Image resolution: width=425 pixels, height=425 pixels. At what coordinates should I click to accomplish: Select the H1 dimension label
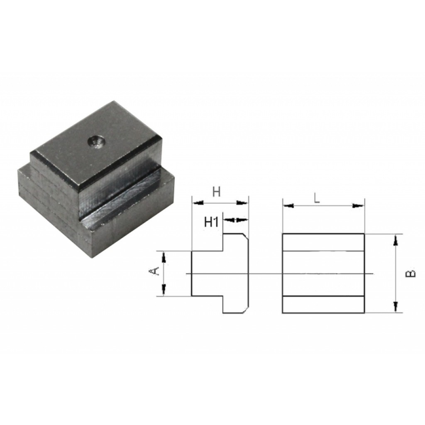pyautogui.click(x=211, y=222)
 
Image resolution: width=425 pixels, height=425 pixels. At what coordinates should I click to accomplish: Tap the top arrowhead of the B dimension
pyautogui.click(x=395, y=239)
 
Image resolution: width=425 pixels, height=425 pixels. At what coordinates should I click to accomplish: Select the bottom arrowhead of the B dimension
pyautogui.click(x=395, y=307)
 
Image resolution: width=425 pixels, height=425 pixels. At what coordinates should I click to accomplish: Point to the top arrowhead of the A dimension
pyautogui.click(x=164, y=257)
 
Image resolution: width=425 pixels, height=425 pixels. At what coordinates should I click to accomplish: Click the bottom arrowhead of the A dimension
pyautogui.click(x=164, y=289)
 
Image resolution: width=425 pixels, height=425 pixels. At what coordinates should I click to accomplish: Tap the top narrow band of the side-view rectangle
pyautogui.click(x=323, y=242)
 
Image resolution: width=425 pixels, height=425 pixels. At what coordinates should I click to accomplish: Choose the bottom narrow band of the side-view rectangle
pyautogui.click(x=323, y=304)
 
